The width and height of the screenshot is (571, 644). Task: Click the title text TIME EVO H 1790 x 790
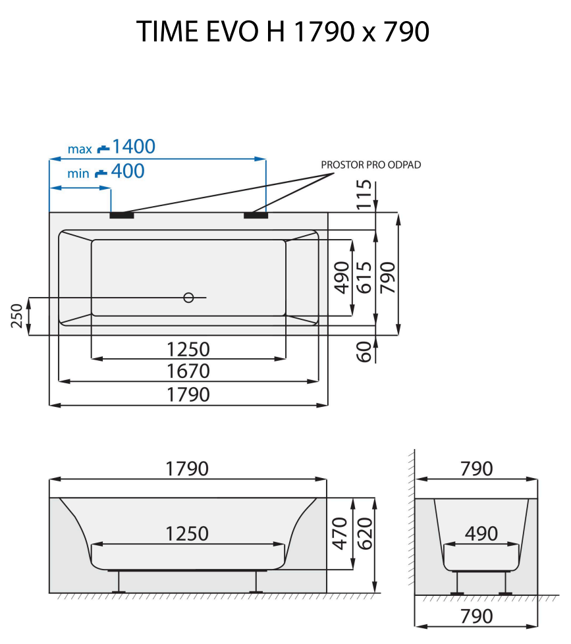point(284,32)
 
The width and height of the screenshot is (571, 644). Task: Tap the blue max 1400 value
point(133,146)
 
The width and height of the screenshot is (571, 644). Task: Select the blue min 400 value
point(127,172)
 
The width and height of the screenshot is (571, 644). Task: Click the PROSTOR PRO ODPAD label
point(371,165)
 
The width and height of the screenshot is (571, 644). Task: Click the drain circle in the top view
point(188,298)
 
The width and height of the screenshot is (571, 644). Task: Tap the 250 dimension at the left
point(17,316)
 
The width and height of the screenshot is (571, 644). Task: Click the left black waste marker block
point(122,215)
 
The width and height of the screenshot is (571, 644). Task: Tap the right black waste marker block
point(256,215)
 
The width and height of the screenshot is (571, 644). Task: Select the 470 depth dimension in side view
point(340,533)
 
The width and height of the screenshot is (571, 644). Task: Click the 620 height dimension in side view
point(364,533)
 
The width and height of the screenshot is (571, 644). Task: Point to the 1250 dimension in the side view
point(187,533)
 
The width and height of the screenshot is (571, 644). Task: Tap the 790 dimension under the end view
point(476,616)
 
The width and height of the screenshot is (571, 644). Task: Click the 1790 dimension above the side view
point(187,469)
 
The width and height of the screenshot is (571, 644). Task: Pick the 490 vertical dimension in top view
point(340,277)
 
